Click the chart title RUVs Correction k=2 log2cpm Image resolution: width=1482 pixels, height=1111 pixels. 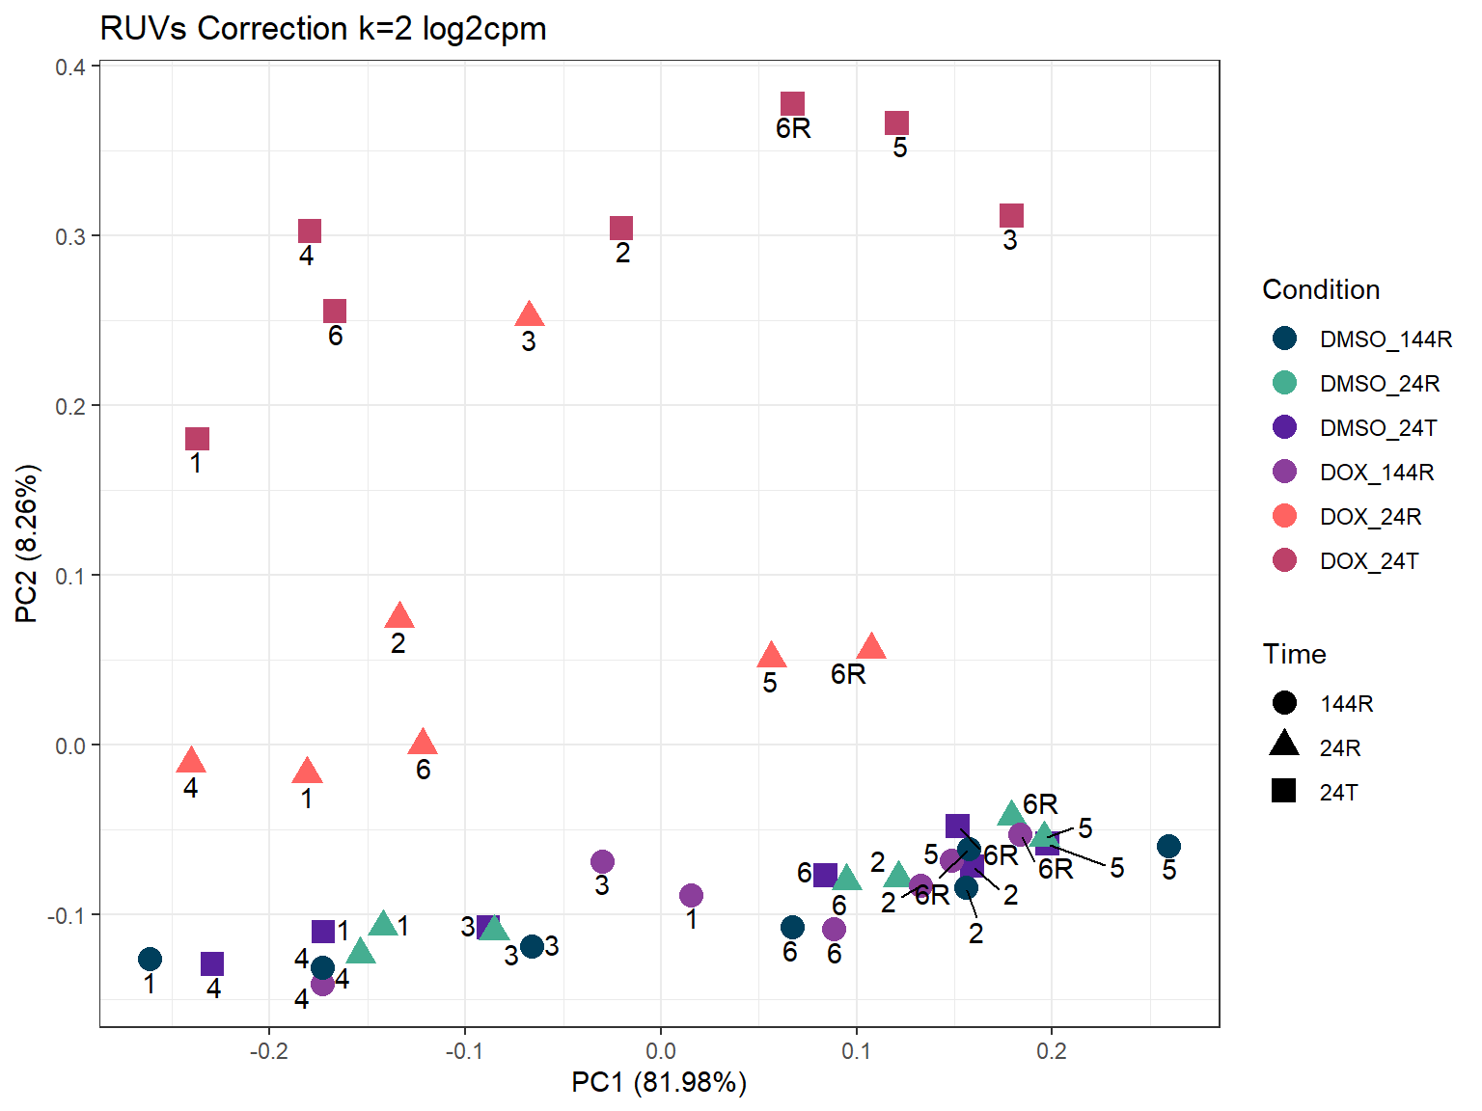tap(323, 29)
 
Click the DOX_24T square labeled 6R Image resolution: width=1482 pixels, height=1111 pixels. tap(792, 104)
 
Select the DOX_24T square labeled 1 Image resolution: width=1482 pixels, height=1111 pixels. tap(197, 439)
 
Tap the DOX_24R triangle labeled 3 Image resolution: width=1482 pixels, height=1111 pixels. tap(529, 315)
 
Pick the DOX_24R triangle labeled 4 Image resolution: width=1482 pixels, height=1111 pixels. tap(191, 761)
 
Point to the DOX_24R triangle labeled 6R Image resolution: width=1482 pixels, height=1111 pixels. tap(871, 647)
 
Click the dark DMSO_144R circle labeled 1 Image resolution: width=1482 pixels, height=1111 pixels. tap(150, 959)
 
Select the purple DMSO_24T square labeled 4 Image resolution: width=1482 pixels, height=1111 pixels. tap(212, 963)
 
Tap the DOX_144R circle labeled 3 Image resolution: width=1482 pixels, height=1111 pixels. tap(602, 861)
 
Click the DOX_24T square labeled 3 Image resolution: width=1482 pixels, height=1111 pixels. tap(1011, 215)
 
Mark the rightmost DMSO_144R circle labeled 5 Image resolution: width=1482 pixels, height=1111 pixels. tap(1168, 847)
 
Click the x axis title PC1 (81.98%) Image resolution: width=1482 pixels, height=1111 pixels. tap(659, 1082)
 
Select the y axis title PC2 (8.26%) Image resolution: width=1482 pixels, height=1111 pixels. tap(27, 544)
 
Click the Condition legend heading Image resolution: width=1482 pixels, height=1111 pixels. tap(1321, 289)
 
